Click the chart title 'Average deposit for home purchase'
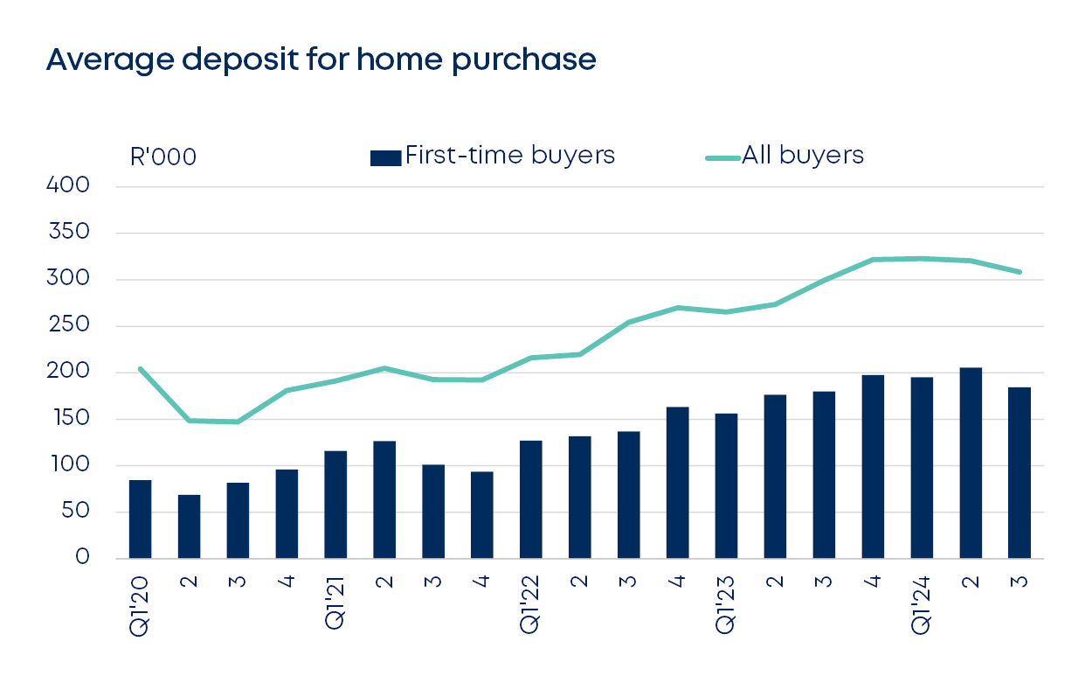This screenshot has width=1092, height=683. pyautogui.click(x=321, y=59)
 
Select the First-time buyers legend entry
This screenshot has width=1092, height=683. pyautogui.click(x=493, y=156)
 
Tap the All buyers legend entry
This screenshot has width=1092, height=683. pyautogui.click(x=784, y=156)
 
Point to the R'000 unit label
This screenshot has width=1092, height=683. pyautogui.click(x=162, y=157)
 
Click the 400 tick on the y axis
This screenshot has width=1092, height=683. pyautogui.click(x=70, y=186)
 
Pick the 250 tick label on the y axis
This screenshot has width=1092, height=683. pyautogui.click(x=70, y=325)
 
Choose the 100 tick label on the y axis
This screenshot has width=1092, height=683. pyautogui.click(x=70, y=465)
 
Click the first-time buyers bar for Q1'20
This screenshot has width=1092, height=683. pyautogui.click(x=140, y=519)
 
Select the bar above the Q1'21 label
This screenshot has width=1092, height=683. pyautogui.click(x=335, y=505)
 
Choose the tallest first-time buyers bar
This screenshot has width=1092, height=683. pyautogui.click(x=971, y=463)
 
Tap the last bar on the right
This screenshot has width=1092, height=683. pyautogui.click(x=1019, y=473)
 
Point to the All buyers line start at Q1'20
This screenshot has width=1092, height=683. pyautogui.click(x=140, y=368)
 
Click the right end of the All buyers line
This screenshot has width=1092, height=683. pyautogui.click(x=1019, y=272)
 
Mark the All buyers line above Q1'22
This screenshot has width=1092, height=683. pyautogui.click(x=530, y=358)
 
